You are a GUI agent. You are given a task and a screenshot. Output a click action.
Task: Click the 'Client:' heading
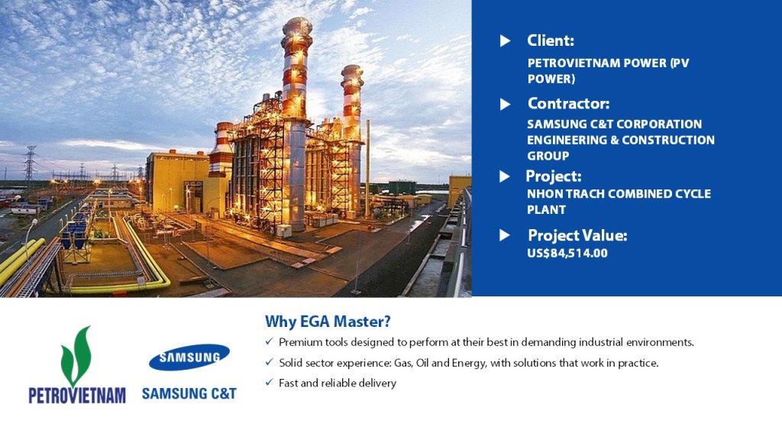pyautogui.click(x=551, y=40)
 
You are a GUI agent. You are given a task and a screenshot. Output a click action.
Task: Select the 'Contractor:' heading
pyautogui.click(x=568, y=103)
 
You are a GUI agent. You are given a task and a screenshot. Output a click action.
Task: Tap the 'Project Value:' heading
pyautogui.click(x=577, y=235)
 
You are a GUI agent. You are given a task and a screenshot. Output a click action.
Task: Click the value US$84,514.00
pyautogui.click(x=567, y=253)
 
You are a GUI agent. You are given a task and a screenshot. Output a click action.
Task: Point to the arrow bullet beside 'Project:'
pyautogui.click(x=505, y=176)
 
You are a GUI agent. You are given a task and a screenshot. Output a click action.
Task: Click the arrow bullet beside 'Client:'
pyautogui.click(x=506, y=41)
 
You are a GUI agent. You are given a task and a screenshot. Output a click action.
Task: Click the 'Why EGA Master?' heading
pyautogui.click(x=328, y=322)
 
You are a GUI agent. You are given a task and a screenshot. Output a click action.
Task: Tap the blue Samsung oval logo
pyautogui.click(x=189, y=357)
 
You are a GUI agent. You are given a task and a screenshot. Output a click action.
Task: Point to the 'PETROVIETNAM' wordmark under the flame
pyautogui.click(x=77, y=396)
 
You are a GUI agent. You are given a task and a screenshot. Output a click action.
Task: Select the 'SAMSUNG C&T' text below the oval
pyautogui.click(x=189, y=393)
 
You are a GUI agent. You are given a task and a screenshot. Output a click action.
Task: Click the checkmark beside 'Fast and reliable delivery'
pyautogui.click(x=270, y=383)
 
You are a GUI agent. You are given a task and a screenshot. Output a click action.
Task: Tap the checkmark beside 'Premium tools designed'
pyautogui.click(x=270, y=341)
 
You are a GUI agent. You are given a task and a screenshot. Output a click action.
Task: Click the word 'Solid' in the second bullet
pyautogui.click(x=291, y=363)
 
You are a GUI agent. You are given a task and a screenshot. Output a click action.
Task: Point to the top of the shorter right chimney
pyautogui.click(x=352, y=67)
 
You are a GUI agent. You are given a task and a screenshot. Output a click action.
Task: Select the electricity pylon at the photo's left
pyautogui.click(x=30, y=165)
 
